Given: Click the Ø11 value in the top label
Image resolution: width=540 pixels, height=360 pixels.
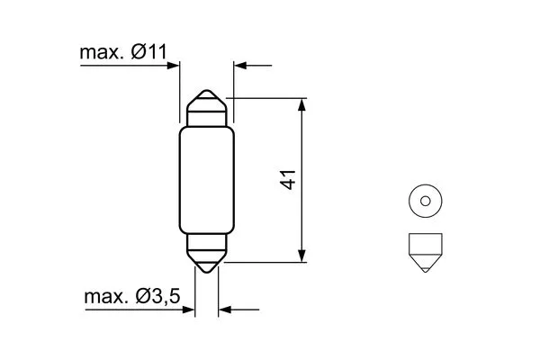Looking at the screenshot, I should coord(147,54).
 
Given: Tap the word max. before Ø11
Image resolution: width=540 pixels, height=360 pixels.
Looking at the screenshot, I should coord(102,54).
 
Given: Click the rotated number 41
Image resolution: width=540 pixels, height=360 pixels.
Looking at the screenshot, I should coord(289,178).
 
